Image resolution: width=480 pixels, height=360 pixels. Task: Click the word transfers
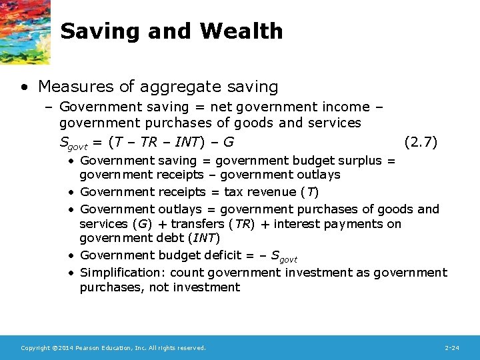coord(198,224)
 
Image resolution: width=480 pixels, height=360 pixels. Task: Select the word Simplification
coord(123,273)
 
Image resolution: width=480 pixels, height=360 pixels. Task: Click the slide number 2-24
coord(451,348)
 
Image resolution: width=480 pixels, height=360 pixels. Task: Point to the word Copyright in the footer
coord(34,348)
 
